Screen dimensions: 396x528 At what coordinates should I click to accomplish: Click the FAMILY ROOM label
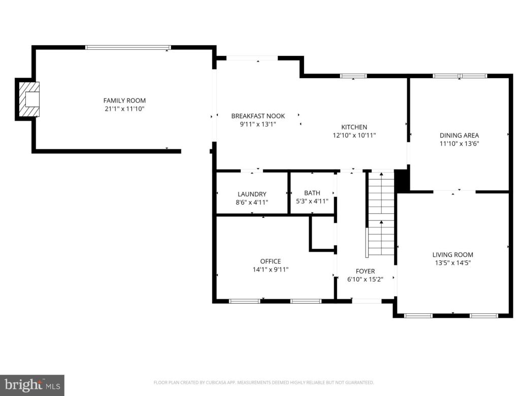pyautogui.click(x=124, y=101)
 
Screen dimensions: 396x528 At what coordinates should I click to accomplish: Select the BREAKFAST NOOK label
pyautogui.click(x=258, y=116)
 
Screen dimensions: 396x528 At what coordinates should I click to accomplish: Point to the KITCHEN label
pyautogui.click(x=354, y=127)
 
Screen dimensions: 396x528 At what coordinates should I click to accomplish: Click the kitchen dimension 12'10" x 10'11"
pyautogui.click(x=354, y=135)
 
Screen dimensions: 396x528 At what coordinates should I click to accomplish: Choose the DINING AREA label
pyautogui.click(x=459, y=135)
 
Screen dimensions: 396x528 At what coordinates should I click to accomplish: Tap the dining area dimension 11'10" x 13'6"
pyautogui.click(x=459, y=143)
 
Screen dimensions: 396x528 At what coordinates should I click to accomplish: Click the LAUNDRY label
pyautogui.click(x=252, y=194)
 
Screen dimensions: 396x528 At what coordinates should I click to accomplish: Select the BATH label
pyautogui.click(x=312, y=193)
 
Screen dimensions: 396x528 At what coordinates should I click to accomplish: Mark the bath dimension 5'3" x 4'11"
pyautogui.click(x=312, y=201)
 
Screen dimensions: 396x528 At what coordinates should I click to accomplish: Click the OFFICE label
pyautogui.click(x=270, y=261)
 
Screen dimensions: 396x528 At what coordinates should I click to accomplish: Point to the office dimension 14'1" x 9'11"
pyautogui.click(x=270, y=270)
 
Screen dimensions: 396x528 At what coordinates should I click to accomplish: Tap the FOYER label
pyautogui.click(x=365, y=271)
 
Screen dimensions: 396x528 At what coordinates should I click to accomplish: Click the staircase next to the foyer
pyautogui.click(x=381, y=213)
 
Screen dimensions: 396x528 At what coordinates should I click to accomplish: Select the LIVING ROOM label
pyautogui.click(x=452, y=255)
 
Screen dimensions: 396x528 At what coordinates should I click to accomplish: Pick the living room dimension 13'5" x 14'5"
pyautogui.click(x=452, y=263)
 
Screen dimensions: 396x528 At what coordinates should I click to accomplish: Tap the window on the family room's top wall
pyautogui.click(x=128, y=47)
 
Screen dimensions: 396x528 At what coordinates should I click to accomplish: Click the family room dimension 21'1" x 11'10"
pyautogui.click(x=124, y=109)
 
